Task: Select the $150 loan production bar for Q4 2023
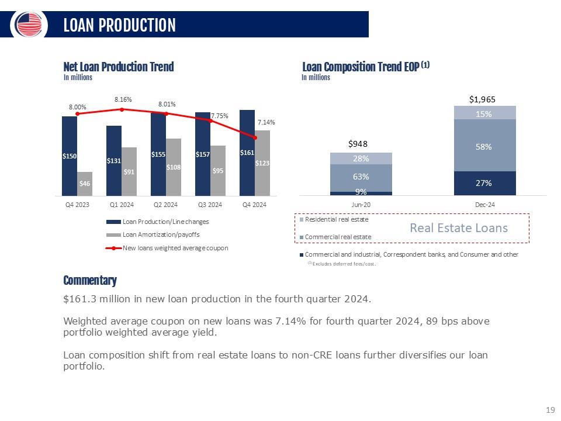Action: (x=70, y=156)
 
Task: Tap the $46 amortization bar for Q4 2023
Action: (x=85, y=184)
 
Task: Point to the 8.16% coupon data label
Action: (x=122, y=99)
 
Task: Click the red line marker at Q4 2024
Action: (x=255, y=137)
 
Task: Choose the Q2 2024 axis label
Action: (x=165, y=205)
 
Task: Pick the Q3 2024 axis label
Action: (x=210, y=205)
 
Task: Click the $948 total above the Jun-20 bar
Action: (x=361, y=144)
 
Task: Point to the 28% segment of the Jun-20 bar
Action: (x=361, y=158)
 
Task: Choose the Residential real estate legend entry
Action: (x=336, y=219)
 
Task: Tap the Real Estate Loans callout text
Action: (x=459, y=228)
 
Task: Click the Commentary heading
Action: (x=90, y=281)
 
